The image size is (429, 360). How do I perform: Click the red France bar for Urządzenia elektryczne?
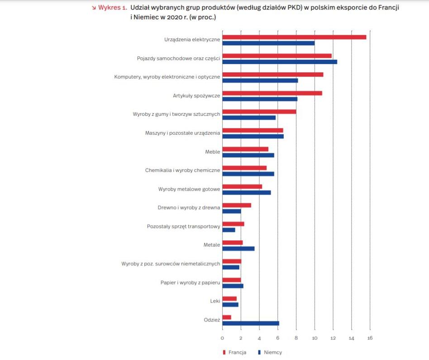[294, 37]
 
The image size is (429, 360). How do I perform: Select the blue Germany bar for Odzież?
[251, 323]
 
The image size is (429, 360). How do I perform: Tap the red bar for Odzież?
[227, 317]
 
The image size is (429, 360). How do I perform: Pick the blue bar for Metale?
[238, 248]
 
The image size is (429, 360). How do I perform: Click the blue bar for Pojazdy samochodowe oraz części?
[280, 62]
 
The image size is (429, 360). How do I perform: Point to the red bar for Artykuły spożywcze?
[272, 93]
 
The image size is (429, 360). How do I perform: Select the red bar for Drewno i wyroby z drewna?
[237, 205]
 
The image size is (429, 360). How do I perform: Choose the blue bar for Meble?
[248, 155]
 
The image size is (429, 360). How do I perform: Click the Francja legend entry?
[235, 352]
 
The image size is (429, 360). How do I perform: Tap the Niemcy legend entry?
[270, 352]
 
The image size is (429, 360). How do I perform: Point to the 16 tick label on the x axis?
[370, 338]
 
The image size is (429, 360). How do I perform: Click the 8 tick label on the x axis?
[296, 338]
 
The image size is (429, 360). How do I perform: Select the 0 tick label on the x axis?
[222, 338]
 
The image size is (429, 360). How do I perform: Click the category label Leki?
[215, 301]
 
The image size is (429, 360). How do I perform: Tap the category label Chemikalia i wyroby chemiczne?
[182, 171]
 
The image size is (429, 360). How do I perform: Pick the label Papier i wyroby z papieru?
[190, 283]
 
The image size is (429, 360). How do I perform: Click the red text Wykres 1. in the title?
[112, 8]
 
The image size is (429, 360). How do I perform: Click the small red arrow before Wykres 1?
[94, 8]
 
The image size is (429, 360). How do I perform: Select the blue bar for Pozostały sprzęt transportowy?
[229, 230]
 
